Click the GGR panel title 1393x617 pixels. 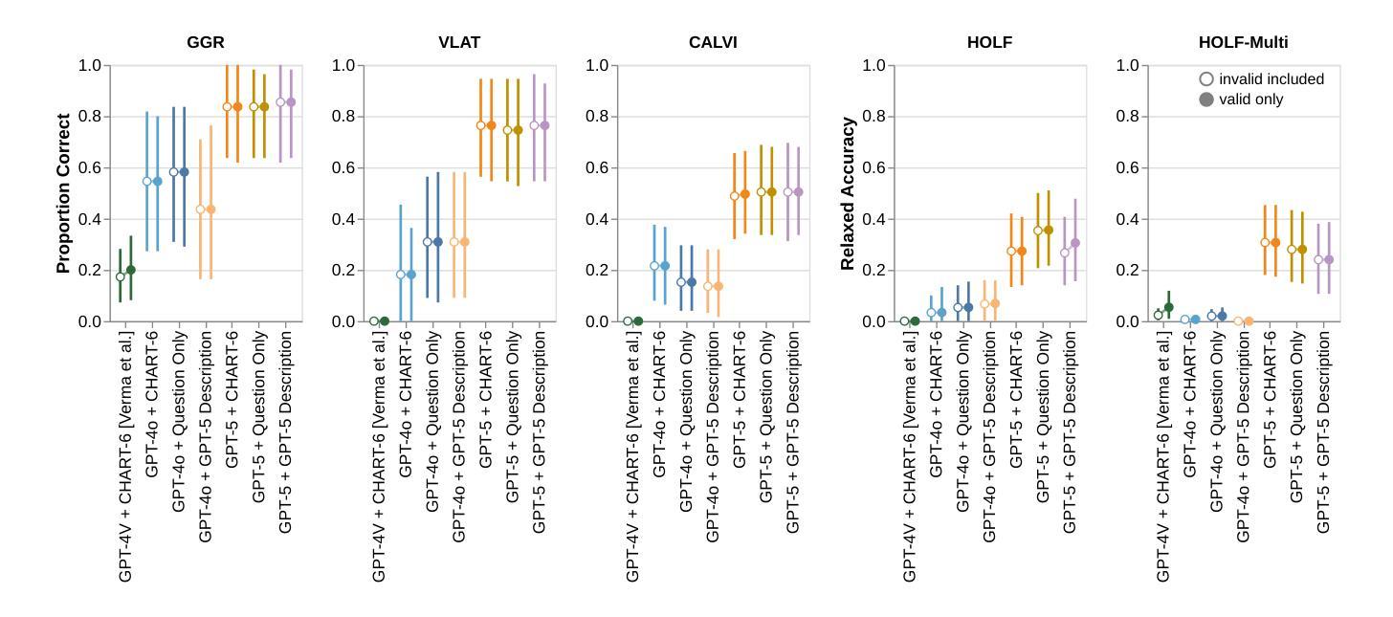coord(206,43)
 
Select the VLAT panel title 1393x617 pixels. coord(459,43)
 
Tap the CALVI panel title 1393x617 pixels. coord(713,43)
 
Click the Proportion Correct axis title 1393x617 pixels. coord(64,193)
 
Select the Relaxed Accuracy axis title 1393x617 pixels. coord(848,193)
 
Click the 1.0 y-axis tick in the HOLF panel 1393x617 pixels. coord(873,66)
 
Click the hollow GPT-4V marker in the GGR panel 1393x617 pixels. coord(121,277)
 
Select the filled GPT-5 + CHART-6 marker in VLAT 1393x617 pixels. coord(491,125)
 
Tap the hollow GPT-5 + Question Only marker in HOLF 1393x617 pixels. coord(1038,231)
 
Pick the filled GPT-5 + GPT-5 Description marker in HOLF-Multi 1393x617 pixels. coord(1328,259)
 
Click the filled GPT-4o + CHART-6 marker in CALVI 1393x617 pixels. coord(665,266)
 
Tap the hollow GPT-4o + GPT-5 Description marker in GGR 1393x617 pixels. coord(201,209)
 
